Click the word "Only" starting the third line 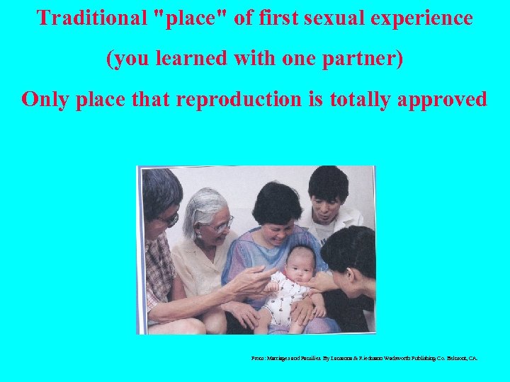coord(45,99)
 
